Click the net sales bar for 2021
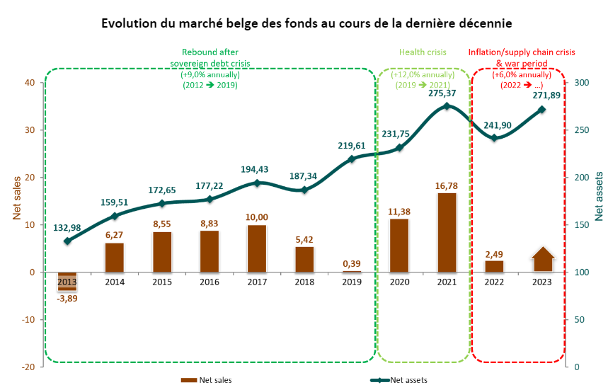[x=447, y=232]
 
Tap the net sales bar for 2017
[x=257, y=248]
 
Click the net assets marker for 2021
[x=447, y=106]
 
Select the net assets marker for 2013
[x=67, y=241]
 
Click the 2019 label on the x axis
[x=352, y=282]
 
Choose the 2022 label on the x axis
[x=495, y=282]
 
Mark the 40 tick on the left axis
[x=30, y=83]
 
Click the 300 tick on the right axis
[x=582, y=83]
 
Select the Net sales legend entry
[x=205, y=380]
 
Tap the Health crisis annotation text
[x=423, y=52]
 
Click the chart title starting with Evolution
[x=306, y=23]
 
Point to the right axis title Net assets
[x=599, y=196]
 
